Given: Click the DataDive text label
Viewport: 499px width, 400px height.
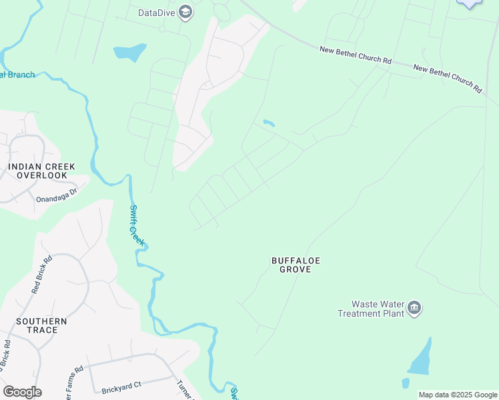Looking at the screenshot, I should [157, 12].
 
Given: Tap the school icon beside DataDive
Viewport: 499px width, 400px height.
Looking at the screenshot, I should [186, 12].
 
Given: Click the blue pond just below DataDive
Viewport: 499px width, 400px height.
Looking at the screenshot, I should [129, 51].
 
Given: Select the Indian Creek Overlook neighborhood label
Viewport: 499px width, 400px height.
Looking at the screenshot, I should [41, 171].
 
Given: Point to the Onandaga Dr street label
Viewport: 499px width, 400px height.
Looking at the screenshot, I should [57, 190].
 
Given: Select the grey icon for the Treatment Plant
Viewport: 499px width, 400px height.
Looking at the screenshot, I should [414, 307].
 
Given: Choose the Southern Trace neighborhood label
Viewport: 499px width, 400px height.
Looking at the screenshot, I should [41, 325].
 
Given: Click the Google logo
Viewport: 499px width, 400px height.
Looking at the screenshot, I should [22, 392].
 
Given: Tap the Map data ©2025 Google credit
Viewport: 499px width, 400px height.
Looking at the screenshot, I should [458, 395].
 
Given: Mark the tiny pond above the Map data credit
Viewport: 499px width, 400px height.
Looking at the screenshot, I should [405, 383].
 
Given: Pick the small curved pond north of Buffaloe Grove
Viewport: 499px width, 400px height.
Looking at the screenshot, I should [268, 123].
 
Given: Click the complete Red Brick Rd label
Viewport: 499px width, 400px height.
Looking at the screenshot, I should [41, 275].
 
